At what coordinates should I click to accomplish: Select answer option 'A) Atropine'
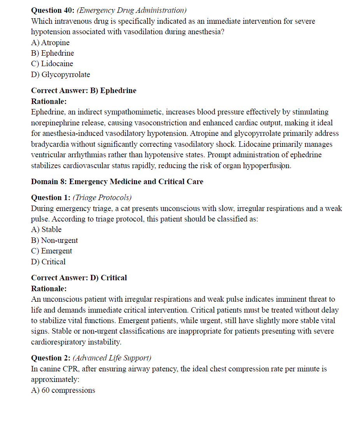[50, 42]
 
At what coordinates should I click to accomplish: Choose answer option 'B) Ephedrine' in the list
[53, 53]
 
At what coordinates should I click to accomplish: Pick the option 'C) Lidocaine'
[52, 63]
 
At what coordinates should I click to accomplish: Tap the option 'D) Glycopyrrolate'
[60, 74]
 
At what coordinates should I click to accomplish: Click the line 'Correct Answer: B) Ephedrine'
[84, 90]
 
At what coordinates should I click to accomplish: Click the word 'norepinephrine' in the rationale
[55, 123]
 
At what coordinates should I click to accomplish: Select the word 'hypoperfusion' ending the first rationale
[267, 165]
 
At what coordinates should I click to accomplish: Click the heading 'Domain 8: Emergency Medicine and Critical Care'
[117, 181]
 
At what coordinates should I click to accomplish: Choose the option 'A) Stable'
[46, 229]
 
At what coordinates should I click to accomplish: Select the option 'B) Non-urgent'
[54, 240]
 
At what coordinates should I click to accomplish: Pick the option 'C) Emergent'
[51, 251]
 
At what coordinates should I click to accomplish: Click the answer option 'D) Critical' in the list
[48, 262]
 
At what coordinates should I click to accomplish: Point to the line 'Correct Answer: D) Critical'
[79, 278]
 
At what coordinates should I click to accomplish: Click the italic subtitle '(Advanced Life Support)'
[112, 358]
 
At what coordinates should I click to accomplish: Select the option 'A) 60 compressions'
[63, 390]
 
